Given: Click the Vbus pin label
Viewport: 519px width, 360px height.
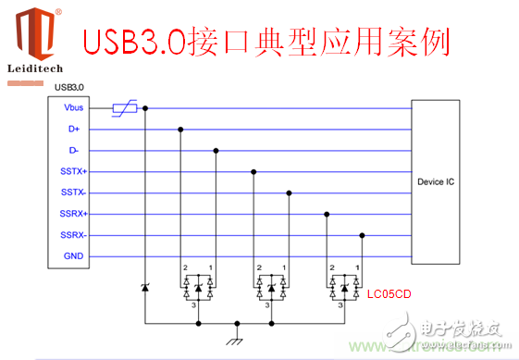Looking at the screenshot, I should (74, 108).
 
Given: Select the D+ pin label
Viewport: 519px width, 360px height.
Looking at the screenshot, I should (74, 130).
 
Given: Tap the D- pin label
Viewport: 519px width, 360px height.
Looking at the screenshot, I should (74, 151).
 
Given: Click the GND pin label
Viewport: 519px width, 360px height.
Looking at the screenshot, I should (74, 256).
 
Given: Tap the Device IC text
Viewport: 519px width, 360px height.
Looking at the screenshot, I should (436, 182).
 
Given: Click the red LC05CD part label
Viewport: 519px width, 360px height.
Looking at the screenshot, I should (389, 294).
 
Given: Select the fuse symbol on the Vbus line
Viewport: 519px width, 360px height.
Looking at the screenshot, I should (125, 108).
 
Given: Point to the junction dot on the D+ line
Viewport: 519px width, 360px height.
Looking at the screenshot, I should (179, 130).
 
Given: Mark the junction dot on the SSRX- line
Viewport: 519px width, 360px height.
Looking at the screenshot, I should (362, 235).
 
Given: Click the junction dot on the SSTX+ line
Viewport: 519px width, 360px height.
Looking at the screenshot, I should (253, 172).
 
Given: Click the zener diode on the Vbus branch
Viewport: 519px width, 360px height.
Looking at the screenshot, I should (144, 290).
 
